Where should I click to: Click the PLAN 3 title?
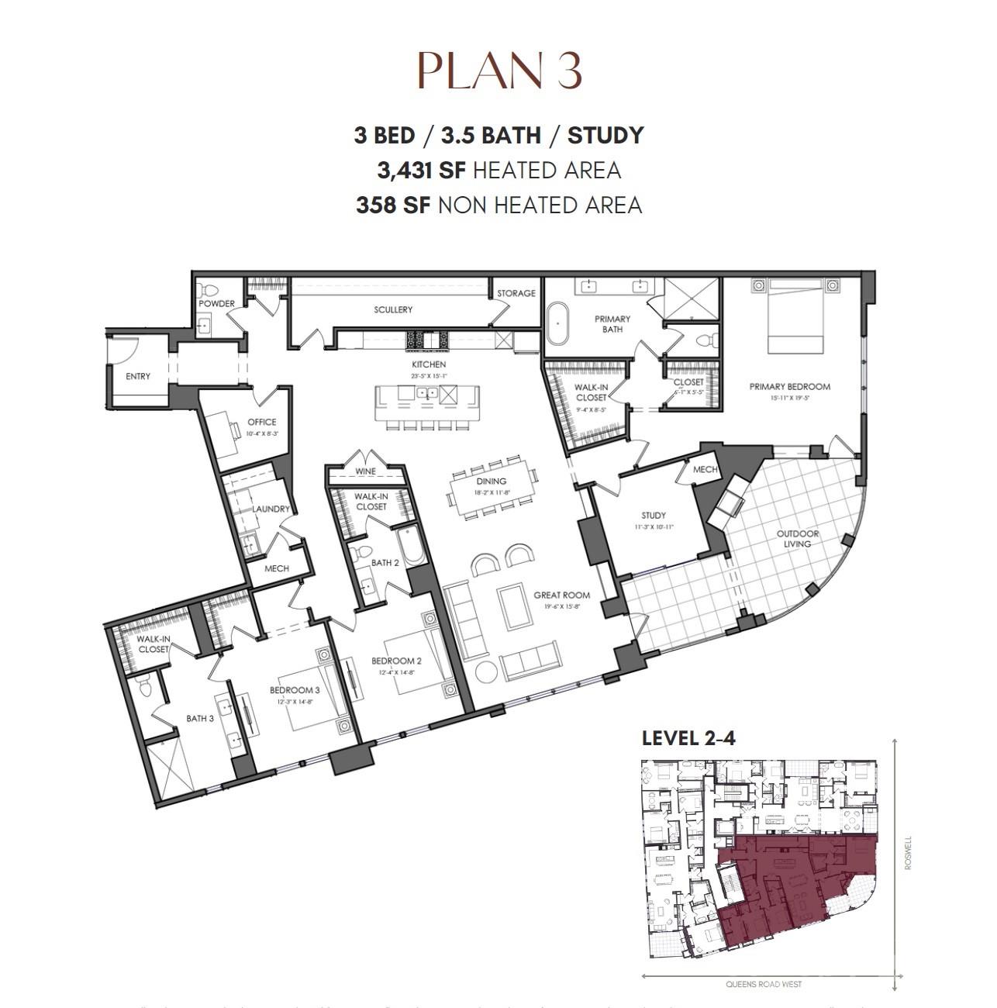[x=499, y=71]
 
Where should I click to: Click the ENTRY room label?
[x=138, y=376]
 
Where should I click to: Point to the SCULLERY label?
[x=393, y=309]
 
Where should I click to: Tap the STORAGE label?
[x=516, y=293]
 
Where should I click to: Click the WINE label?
[x=365, y=471]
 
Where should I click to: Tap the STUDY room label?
[x=654, y=515]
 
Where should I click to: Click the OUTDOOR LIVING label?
[x=798, y=538]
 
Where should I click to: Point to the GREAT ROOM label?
[x=561, y=595]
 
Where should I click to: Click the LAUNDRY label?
[x=271, y=509]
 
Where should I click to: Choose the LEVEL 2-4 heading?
[x=688, y=737]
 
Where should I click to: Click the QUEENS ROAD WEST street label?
[x=764, y=985]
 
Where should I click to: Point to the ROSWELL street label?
[x=908, y=851]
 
